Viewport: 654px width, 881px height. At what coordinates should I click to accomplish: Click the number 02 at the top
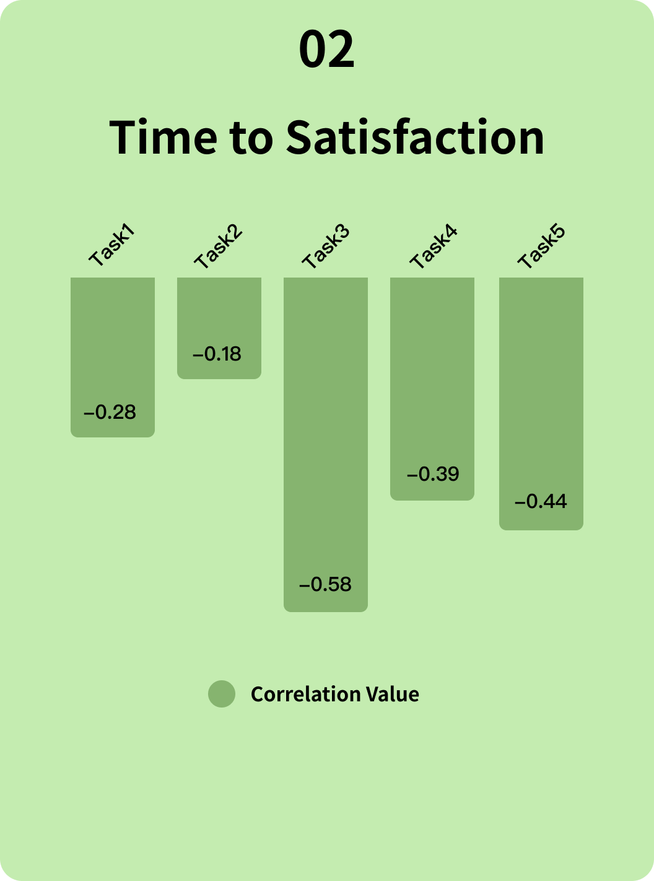coord(326,50)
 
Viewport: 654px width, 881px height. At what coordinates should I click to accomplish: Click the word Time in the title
coord(163,137)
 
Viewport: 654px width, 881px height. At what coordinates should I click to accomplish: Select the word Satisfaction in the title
coord(415,137)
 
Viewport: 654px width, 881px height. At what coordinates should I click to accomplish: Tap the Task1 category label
coord(111,248)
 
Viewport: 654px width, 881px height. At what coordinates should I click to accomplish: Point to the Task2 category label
coord(218,248)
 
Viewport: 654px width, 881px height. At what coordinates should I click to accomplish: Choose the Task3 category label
coord(326,248)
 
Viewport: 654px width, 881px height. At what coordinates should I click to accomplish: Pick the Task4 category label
coord(433,248)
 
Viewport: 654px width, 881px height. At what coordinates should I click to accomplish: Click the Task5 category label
coord(541,248)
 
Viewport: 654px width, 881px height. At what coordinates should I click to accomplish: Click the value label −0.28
coord(110,413)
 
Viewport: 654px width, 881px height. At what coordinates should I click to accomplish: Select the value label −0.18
coord(217,354)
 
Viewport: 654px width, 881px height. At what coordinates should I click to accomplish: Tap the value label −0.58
coord(325,585)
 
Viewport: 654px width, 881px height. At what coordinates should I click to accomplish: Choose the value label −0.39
coord(433,475)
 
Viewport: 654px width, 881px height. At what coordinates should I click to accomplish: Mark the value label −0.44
coord(541,502)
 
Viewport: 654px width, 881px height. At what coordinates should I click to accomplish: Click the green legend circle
coord(222,694)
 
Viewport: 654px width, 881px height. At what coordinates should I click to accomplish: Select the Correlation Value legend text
coord(334,695)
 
